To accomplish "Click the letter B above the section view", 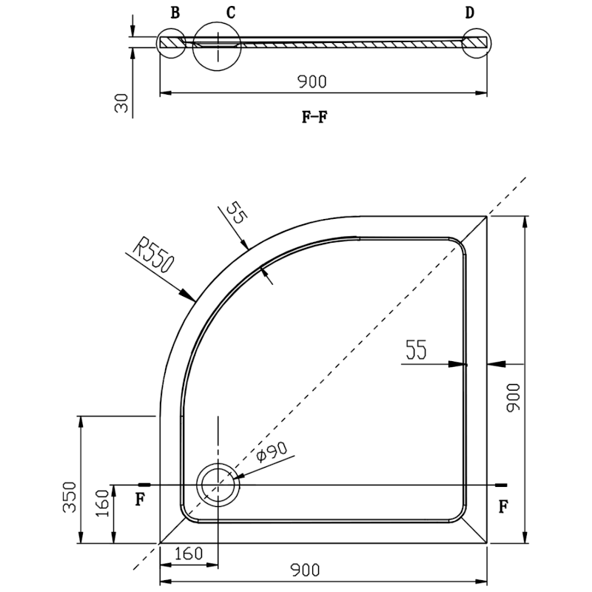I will [175, 13].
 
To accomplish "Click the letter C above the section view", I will [231, 13].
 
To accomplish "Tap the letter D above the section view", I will [470, 13].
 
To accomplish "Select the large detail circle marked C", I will [217, 45].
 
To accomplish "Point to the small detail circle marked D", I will [476, 43].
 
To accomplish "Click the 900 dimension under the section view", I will [312, 81].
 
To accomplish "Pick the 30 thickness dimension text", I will [123, 103].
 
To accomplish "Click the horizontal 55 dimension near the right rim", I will [416, 350].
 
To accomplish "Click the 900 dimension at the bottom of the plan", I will [304, 569].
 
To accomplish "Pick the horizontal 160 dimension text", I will [189, 553].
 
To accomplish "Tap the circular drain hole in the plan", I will [217, 484].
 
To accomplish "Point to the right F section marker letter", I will [504, 506].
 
